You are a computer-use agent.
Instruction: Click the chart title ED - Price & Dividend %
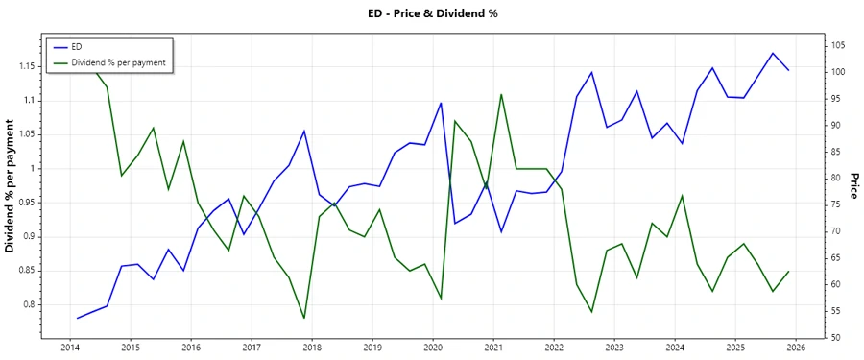pos(432,13)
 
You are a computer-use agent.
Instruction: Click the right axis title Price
pos(852,186)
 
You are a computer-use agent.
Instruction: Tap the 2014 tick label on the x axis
pos(70,348)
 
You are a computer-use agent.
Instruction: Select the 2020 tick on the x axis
pos(433,348)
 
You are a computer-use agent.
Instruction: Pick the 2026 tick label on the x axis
pos(796,348)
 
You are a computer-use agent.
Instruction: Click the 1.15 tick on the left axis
pos(28,66)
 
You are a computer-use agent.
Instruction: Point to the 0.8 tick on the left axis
pos(31,304)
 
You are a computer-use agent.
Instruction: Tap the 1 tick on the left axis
pos(36,168)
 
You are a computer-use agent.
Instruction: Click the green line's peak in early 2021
pos(501,94)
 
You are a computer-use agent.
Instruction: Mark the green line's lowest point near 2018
pos(304,318)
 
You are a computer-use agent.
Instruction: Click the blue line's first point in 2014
pos(77,318)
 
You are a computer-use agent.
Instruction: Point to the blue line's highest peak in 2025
pos(773,53)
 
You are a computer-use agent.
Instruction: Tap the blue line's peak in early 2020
pos(441,103)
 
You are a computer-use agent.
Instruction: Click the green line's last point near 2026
pos(789,271)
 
